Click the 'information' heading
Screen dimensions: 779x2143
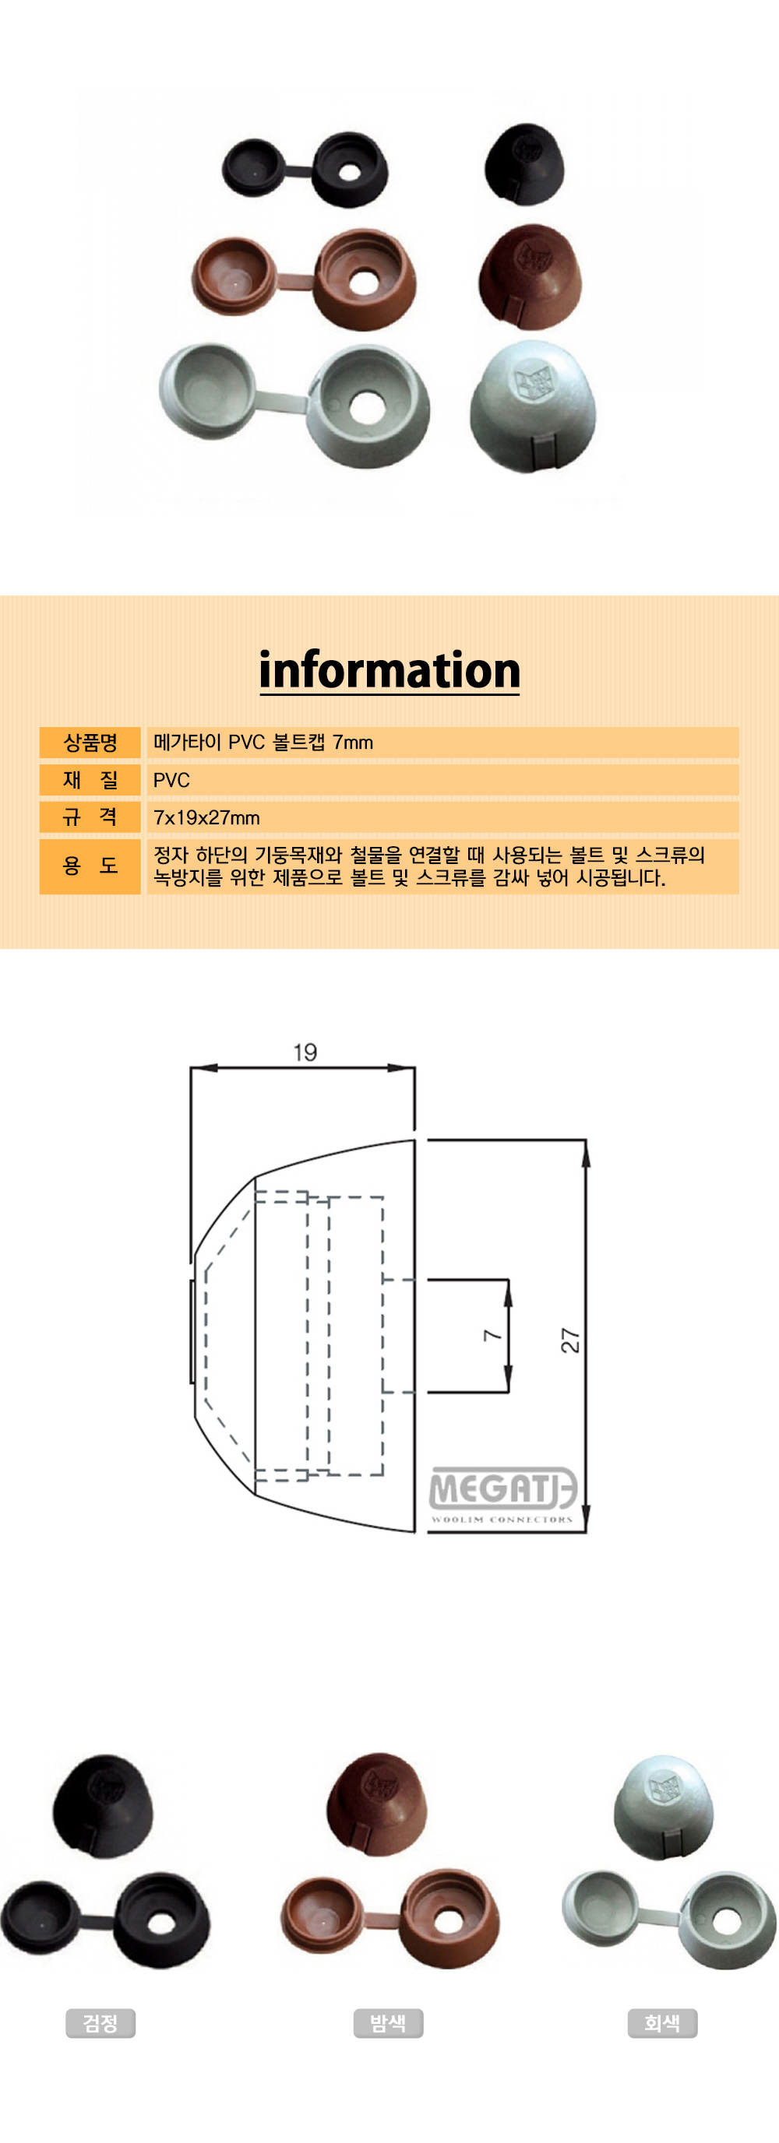[x=389, y=670]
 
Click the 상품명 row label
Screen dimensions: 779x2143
[x=90, y=742]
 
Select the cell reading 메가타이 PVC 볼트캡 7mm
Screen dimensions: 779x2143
[x=263, y=742]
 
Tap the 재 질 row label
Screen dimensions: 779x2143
[x=90, y=779]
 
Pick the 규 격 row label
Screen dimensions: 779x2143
[x=90, y=817]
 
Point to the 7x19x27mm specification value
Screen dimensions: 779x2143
[x=206, y=818]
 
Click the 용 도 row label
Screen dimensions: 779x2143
[x=90, y=866]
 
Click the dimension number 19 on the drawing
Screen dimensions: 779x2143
[x=305, y=1052]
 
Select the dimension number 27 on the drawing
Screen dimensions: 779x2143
[x=570, y=1340]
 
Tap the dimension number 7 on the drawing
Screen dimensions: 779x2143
[x=492, y=1334]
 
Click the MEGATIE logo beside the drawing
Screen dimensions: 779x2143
[x=502, y=1494]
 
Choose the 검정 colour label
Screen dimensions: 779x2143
[x=100, y=2023]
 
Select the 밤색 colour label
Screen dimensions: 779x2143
[x=388, y=2023]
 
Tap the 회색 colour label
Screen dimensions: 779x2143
[x=662, y=2023]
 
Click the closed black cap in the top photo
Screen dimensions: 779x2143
[x=525, y=165]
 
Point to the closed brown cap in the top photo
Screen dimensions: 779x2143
[x=529, y=277]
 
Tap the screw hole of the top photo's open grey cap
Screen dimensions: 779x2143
[x=364, y=406]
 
